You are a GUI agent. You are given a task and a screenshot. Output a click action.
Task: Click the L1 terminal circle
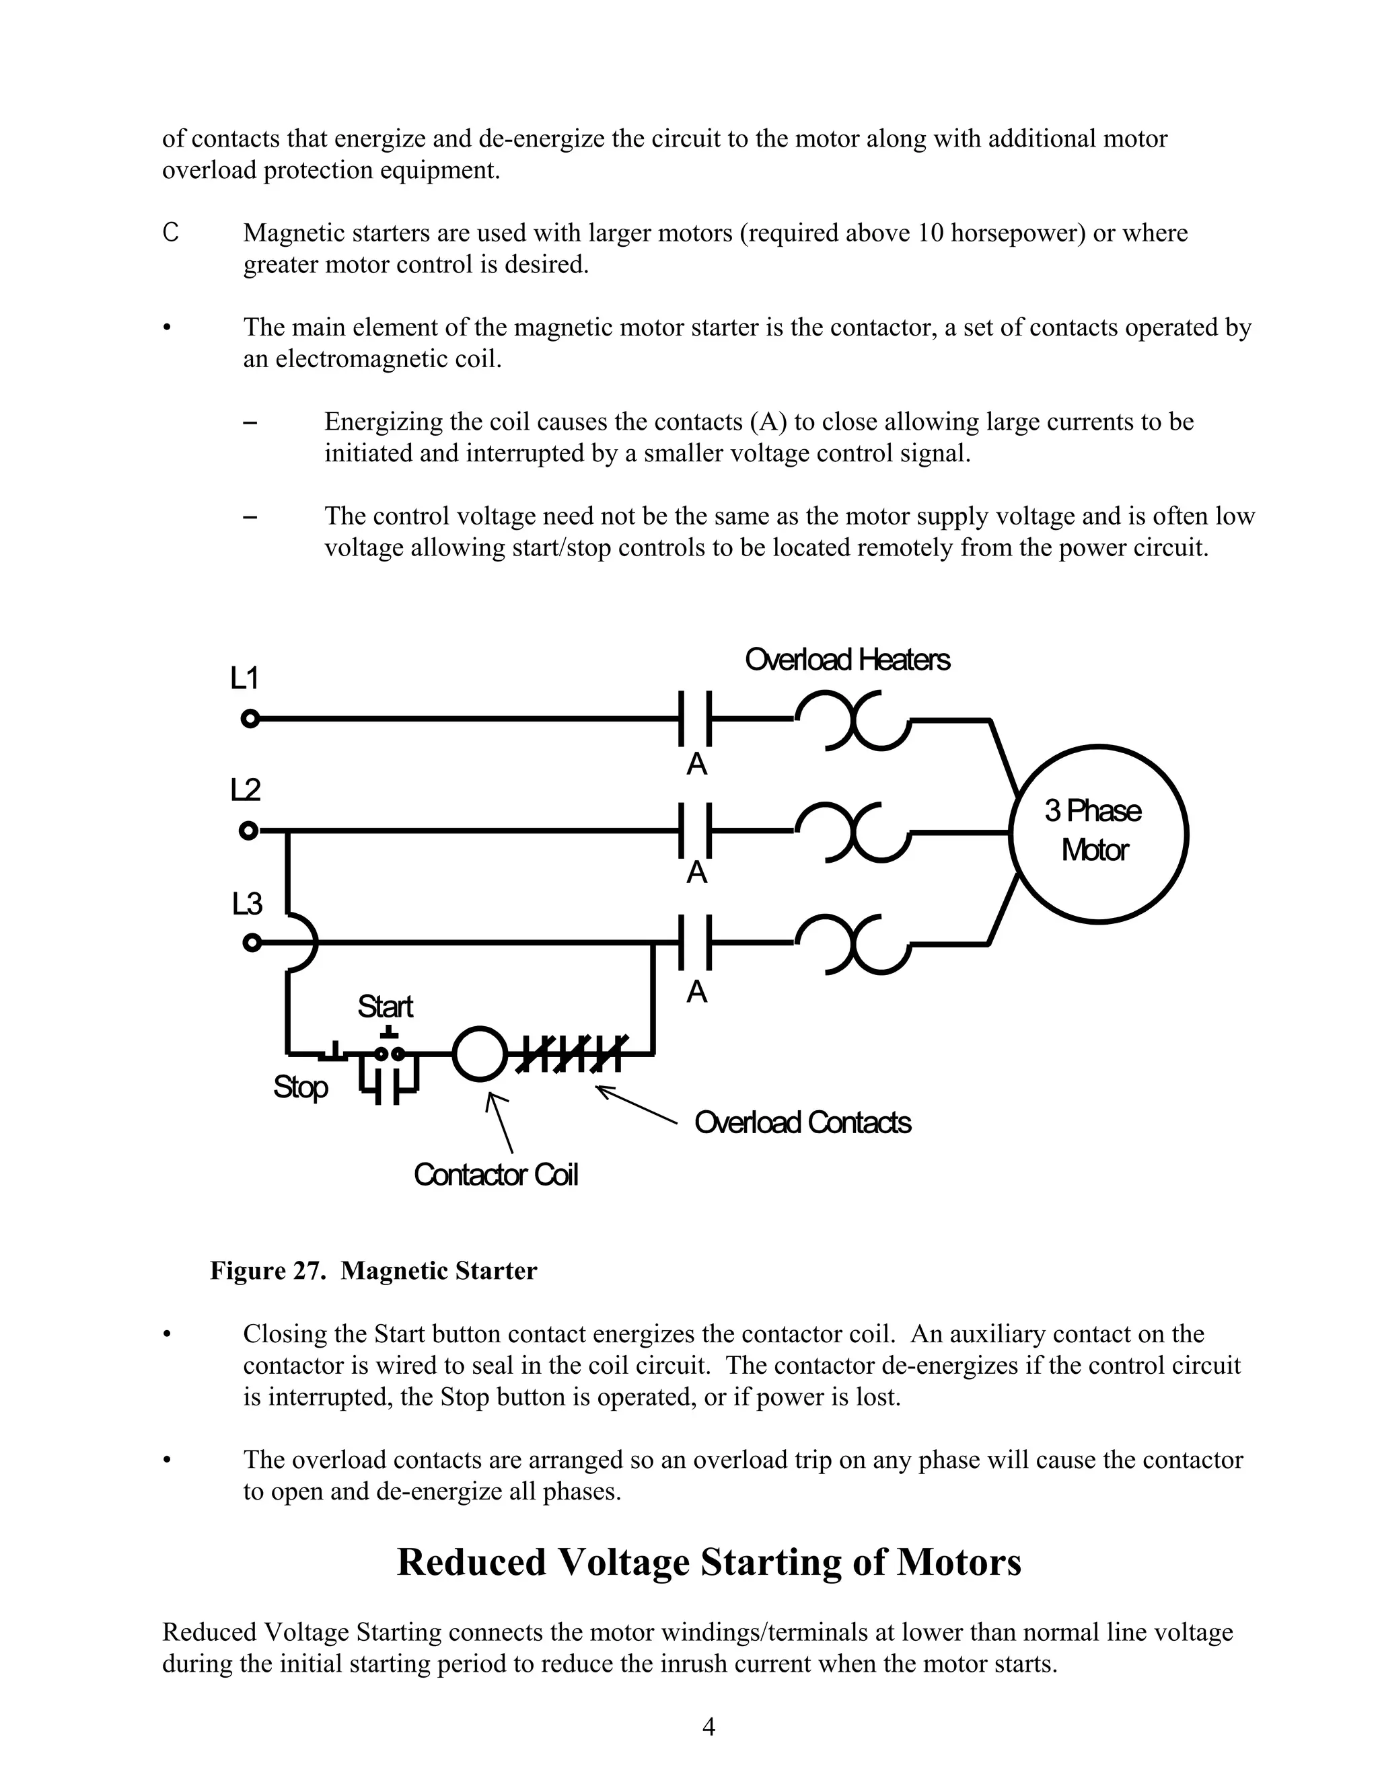coord(250,719)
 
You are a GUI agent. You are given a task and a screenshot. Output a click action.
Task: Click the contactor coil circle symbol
coord(479,1053)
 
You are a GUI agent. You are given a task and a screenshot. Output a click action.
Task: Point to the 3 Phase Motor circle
coord(1098,833)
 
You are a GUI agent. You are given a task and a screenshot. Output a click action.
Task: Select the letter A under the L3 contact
coord(696,991)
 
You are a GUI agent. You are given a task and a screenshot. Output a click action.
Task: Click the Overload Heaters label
coord(846,659)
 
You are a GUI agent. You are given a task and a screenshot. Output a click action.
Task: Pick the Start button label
coord(386,1006)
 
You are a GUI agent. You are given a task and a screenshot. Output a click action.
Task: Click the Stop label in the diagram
coord(300,1087)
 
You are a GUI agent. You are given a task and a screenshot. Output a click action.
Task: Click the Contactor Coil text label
coord(495,1175)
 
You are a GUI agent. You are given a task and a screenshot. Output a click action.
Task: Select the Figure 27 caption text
coord(373,1271)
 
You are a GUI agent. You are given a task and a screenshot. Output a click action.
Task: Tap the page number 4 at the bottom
coord(709,1726)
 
